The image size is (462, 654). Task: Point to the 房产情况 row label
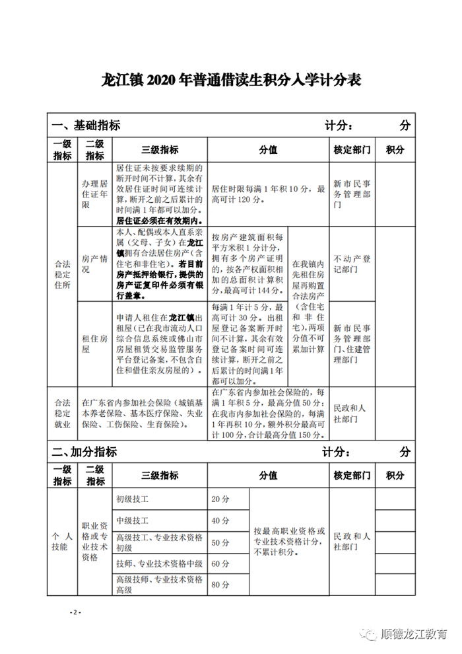pos(94,264)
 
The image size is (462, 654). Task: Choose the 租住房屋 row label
pos(94,343)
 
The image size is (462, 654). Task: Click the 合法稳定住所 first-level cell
pos(62,273)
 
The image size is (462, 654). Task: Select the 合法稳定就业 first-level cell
pos(62,413)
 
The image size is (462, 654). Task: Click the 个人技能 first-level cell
pos(62,542)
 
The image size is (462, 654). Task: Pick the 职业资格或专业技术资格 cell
pos(94,541)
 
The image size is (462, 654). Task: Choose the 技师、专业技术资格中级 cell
pos(158,563)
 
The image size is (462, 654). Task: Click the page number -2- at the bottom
pos(75,612)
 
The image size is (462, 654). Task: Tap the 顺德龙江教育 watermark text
pos(414,634)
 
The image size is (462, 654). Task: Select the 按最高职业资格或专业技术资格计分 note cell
pos(289,541)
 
